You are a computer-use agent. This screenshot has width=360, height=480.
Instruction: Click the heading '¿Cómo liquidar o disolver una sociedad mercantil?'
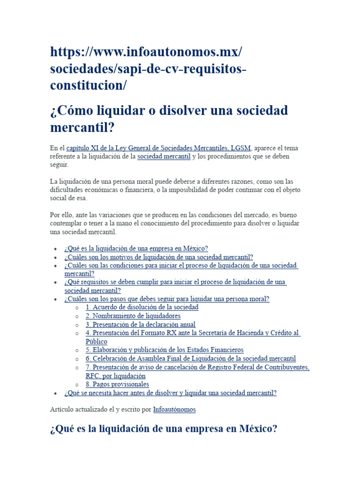click(x=169, y=119)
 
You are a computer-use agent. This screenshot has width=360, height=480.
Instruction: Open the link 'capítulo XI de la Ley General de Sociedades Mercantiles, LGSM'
click(x=159, y=148)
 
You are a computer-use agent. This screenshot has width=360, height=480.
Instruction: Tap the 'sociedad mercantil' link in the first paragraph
click(x=164, y=157)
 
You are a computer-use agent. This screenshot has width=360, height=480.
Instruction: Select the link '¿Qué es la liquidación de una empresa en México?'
click(x=136, y=248)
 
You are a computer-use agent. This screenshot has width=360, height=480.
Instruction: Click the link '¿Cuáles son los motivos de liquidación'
click(x=158, y=257)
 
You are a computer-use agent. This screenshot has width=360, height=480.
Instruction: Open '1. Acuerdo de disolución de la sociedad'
click(x=142, y=307)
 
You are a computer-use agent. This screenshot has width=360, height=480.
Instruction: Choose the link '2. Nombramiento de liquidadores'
click(x=133, y=316)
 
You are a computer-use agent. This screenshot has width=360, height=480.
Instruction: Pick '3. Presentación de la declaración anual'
click(x=140, y=324)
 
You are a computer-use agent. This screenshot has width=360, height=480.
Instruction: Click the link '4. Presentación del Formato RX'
click(x=192, y=333)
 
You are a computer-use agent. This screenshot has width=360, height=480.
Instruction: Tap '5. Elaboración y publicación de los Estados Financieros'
click(x=164, y=350)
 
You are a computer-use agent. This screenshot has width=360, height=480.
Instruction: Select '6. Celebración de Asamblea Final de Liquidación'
click(x=190, y=358)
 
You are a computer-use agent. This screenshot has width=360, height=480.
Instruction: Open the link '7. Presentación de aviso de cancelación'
click(x=197, y=367)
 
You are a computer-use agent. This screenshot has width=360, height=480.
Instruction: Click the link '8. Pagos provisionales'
click(x=117, y=384)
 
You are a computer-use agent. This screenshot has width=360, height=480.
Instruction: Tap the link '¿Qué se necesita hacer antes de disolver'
click(x=170, y=393)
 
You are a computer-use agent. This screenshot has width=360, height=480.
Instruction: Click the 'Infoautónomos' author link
click(x=174, y=409)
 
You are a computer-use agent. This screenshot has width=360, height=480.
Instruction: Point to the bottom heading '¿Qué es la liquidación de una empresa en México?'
click(x=164, y=429)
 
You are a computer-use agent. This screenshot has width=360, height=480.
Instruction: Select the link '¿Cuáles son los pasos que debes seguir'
click(x=166, y=299)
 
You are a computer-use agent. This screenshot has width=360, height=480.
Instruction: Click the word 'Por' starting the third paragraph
click(x=55, y=215)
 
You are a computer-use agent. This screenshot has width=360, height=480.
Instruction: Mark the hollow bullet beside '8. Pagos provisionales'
click(x=76, y=384)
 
